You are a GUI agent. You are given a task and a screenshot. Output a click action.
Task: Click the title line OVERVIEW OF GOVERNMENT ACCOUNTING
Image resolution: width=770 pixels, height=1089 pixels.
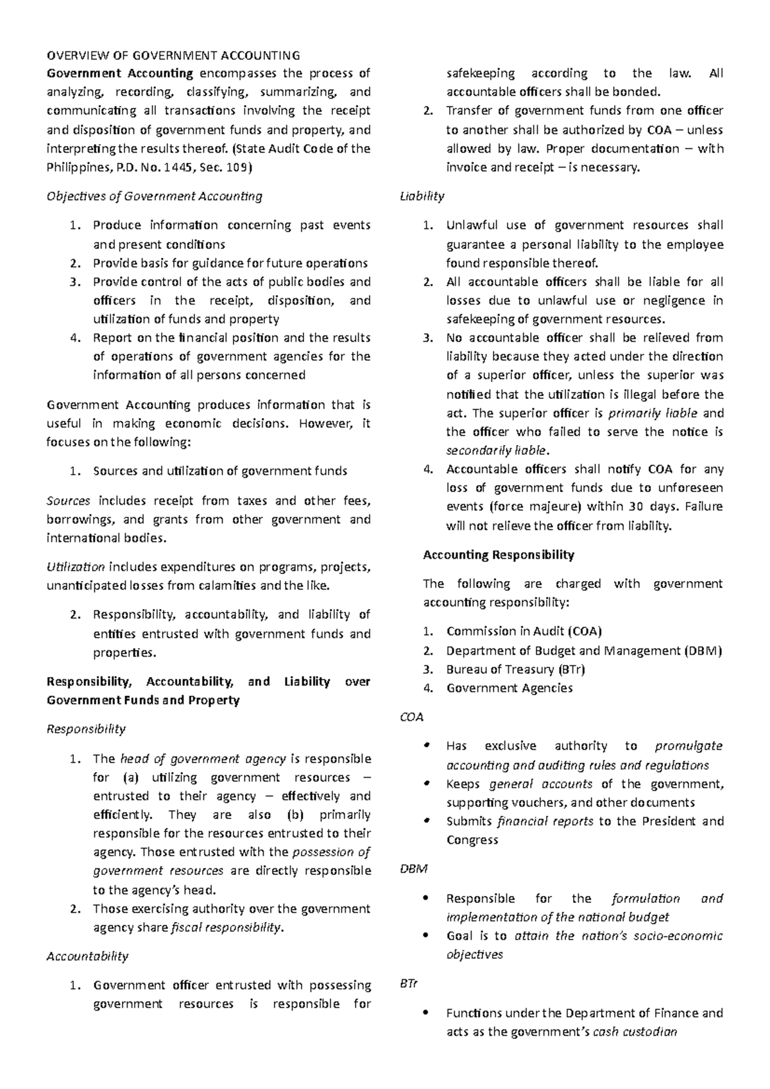(173, 55)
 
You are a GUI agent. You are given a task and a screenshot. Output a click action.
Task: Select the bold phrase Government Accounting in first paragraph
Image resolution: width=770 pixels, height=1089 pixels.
(120, 73)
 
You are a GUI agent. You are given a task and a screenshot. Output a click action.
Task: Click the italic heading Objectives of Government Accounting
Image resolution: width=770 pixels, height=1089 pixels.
(155, 196)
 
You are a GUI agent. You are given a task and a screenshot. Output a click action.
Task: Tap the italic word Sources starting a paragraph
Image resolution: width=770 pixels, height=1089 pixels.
(68, 500)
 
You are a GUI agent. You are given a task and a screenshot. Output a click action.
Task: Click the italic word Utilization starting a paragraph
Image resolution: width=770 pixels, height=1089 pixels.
(76, 567)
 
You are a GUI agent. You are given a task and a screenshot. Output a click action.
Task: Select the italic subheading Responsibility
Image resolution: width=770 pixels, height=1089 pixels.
(86, 729)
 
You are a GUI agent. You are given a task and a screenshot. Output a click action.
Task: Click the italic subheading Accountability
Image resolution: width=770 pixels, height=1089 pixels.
(88, 956)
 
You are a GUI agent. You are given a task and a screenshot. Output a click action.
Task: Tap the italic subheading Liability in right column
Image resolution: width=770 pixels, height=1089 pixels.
(422, 196)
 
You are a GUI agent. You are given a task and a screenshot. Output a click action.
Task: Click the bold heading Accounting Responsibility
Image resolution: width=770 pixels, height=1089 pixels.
(499, 555)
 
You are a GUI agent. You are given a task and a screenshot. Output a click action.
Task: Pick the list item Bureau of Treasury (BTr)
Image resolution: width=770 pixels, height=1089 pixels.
(515, 669)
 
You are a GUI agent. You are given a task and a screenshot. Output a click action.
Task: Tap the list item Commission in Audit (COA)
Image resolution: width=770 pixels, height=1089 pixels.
(524, 631)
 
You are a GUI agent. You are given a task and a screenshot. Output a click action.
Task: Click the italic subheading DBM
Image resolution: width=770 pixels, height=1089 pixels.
(413, 869)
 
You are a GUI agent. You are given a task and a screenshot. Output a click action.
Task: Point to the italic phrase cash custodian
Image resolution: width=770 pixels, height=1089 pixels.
(635, 1032)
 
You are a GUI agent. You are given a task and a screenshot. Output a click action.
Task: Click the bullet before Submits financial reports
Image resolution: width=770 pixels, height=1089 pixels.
(426, 822)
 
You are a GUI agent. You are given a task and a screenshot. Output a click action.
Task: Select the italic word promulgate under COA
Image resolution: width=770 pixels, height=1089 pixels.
(689, 746)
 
